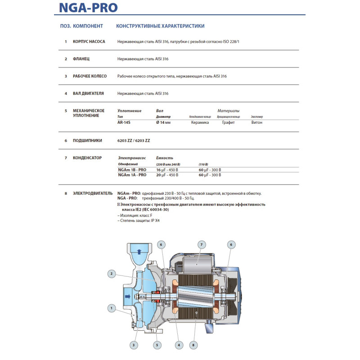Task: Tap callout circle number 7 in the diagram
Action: click(202, 244)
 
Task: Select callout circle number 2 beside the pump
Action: click(112, 273)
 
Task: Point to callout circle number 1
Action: click(111, 308)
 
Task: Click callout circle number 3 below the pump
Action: click(133, 345)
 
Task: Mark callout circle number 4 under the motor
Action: click(180, 345)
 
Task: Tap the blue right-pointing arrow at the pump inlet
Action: click(127, 296)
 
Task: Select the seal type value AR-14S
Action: click(125, 122)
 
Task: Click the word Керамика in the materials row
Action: click(200, 122)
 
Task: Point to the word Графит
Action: click(228, 122)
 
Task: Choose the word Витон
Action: click(256, 122)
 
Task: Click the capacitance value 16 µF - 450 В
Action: click(167, 170)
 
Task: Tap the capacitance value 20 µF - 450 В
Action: click(167, 175)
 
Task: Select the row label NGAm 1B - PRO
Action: click(132, 170)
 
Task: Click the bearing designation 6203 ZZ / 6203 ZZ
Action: click(134, 140)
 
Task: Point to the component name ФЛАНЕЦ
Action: click(81, 59)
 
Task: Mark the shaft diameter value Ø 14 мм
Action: click(163, 122)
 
